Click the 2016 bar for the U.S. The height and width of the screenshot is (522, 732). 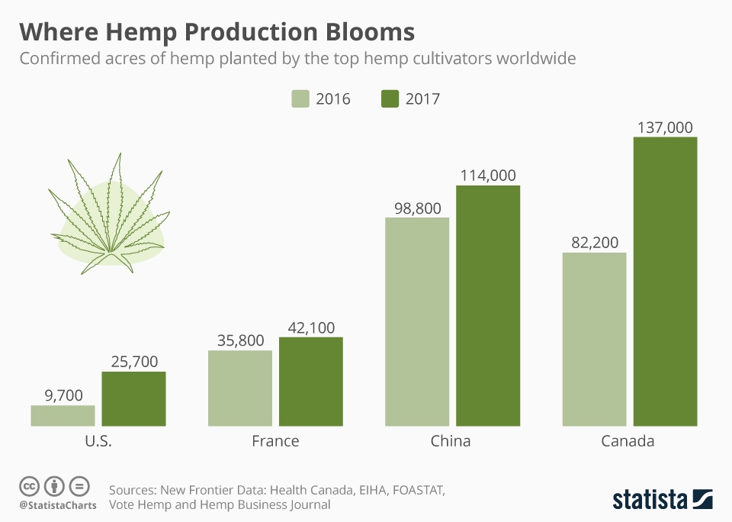(63, 415)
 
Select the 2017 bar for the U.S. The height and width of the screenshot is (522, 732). (133, 398)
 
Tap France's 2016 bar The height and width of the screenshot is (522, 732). (240, 388)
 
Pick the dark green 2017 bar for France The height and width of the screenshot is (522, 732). (311, 381)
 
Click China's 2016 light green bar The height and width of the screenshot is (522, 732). (417, 321)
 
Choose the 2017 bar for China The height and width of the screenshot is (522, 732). (488, 305)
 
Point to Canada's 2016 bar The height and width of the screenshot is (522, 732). (594, 339)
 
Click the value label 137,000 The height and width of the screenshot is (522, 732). (665, 126)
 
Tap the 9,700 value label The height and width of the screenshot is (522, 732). (63, 395)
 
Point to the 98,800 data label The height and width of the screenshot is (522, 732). (417, 207)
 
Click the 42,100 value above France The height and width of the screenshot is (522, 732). (311, 326)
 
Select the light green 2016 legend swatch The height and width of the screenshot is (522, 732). (300, 98)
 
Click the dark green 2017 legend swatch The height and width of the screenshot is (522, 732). (390, 98)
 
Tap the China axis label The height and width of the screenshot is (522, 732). (451, 441)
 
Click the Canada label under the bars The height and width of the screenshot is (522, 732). (628, 441)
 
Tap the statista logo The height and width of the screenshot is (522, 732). (663, 499)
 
